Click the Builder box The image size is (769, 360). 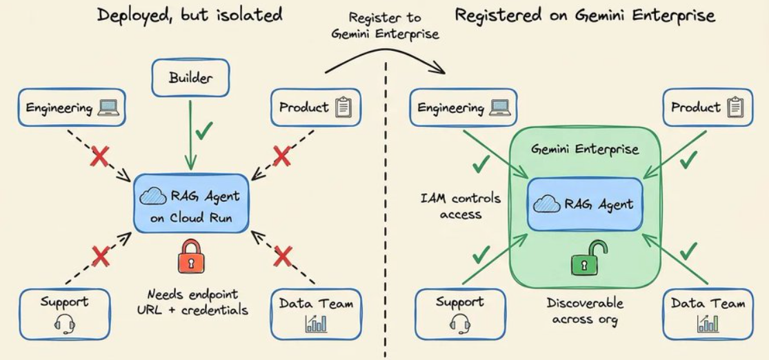(190, 77)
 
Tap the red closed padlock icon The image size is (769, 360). (190, 256)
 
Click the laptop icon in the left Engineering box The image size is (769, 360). (108, 108)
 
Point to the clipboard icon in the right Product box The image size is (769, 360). (736, 107)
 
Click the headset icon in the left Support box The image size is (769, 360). (65, 323)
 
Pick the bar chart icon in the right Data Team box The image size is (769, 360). (707, 323)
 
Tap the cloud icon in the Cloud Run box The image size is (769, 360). (153, 197)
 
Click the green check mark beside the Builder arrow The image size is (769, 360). (203, 130)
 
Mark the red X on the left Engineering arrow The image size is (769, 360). (99, 157)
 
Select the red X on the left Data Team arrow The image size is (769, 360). (283, 256)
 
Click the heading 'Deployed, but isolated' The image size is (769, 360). (190, 14)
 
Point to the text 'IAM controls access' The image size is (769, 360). (461, 206)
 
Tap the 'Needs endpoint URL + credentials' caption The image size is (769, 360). (192, 302)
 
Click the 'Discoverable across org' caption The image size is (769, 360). (585, 311)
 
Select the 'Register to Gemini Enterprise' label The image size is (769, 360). (385, 26)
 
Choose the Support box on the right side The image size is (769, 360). (459, 314)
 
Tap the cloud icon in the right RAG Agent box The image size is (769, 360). (546, 203)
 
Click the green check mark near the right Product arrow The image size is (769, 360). (689, 159)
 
